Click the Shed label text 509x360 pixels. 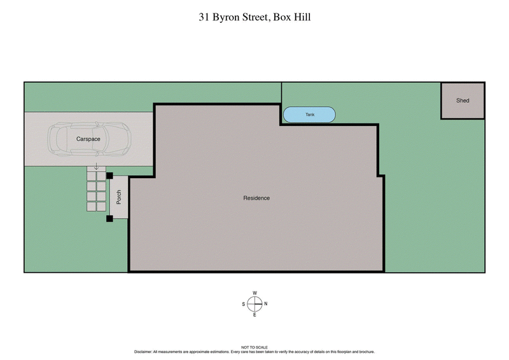click(x=463, y=100)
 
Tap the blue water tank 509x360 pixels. click(x=309, y=114)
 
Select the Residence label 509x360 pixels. click(x=256, y=198)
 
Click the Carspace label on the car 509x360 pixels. click(x=89, y=138)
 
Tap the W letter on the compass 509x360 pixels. click(x=254, y=293)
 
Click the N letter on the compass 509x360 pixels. click(x=265, y=304)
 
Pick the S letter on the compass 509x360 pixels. click(x=244, y=304)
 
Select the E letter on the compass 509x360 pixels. click(x=254, y=314)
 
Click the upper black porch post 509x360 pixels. click(x=109, y=176)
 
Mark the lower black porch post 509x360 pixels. click(x=109, y=219)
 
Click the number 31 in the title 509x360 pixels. click(x=204, y=18)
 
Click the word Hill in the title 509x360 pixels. click(x=302, y=18)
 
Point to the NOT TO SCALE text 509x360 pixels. click(x=254, y=347)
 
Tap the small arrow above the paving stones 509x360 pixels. click(x=96, y=165)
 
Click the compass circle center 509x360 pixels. click(x=254, y=304)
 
